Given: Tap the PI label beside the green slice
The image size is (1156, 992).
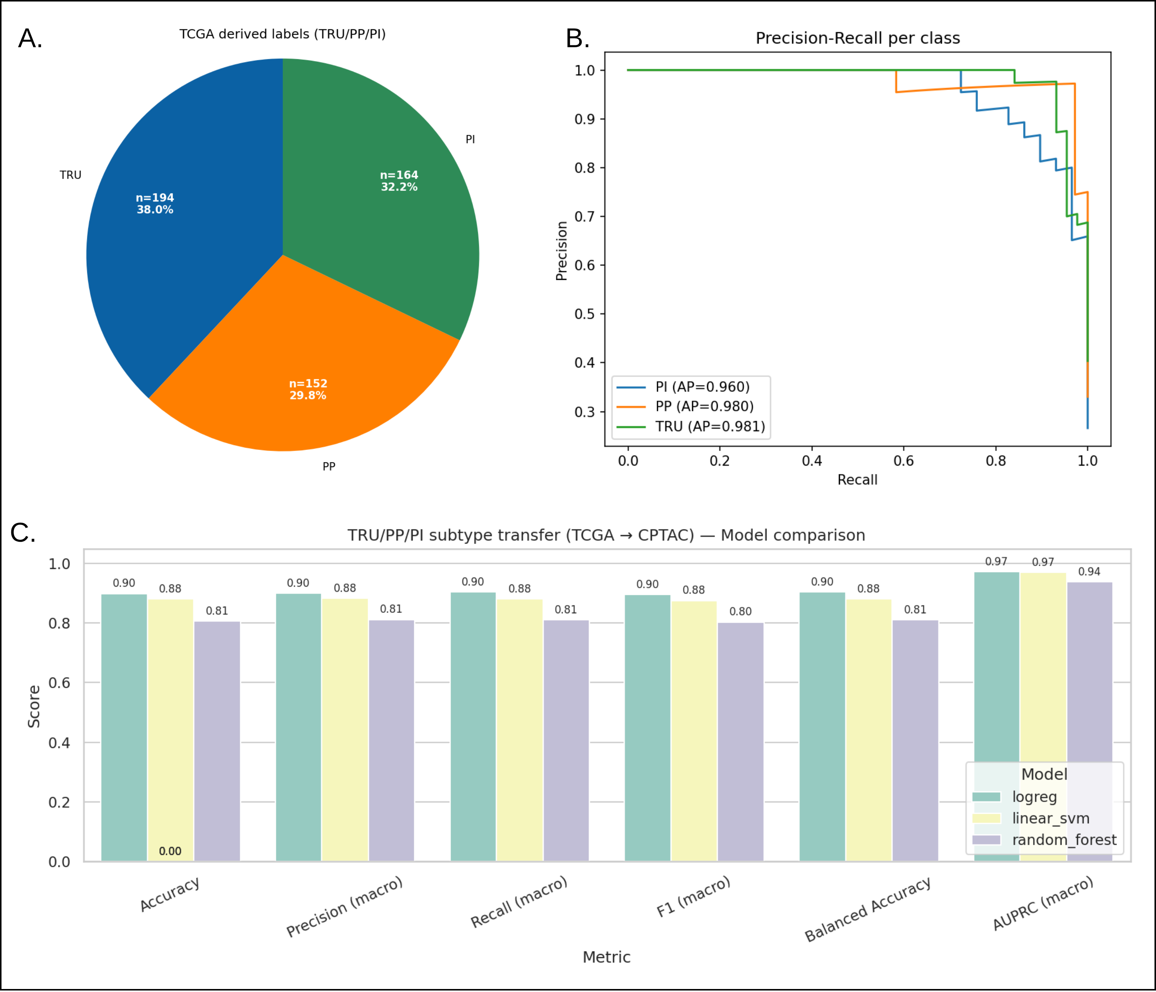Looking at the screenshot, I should pyautogui.click(x=470, y=139).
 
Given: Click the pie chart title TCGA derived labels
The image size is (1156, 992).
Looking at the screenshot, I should pyautogui.click(x=282, y=34).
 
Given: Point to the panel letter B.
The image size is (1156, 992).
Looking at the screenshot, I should pyautogui.click(x=578, y=39).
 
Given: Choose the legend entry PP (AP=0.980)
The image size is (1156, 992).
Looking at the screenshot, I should pyautogui.click(x=704, y=406).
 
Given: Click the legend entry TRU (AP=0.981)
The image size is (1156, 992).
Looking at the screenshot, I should pyautogui.click(x=710, y=427).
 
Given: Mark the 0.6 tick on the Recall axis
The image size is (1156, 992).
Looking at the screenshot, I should pyautogui.click(x=903, y=460).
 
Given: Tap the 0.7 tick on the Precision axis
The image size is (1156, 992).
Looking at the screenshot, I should pyautogui.click(x=585, y=217).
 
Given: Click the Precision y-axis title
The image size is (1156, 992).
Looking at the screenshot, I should pyautogui.click(x=561, y=251).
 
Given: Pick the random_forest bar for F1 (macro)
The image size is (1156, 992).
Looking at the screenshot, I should pyautogui.click(x=740, y=742).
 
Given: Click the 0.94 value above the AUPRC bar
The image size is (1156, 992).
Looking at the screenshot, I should pyautogui.click(x=1089, y=572).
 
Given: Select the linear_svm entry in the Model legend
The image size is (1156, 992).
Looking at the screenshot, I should pyautogui.click(x=1050, y=818).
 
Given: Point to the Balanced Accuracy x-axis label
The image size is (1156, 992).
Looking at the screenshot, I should pyautogui.click(x=867, y=909).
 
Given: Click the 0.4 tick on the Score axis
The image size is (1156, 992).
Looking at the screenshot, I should pyautogui.click(x=59, y=743).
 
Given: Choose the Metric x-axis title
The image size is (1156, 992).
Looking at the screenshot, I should pyautogui.click(x=606, y=957).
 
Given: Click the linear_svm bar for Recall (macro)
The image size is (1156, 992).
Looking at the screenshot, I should pyautogui.click(x=520, y=731).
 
